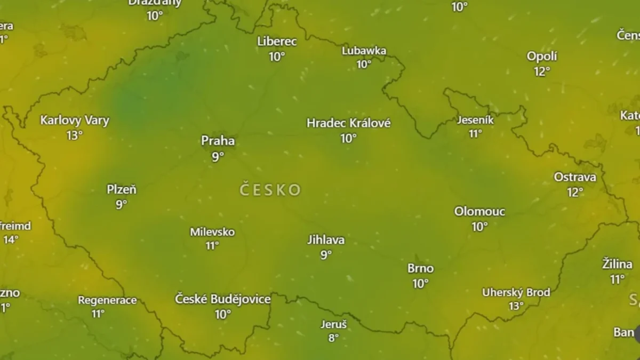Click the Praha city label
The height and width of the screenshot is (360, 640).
tap(218, 141)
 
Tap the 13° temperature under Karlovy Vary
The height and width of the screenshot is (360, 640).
tap(75, 135)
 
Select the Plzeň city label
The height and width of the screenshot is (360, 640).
tap(122, 189)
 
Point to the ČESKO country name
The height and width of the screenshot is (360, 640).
tap(270, 190)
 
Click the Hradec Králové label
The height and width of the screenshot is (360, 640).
tap(348, 123)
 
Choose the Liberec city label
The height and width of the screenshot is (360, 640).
tap(277, 41)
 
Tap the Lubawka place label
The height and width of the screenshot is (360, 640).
tap(364, 51)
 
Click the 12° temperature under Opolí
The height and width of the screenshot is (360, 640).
tap(542, 71)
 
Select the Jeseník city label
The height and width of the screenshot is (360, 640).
tap(475, 120)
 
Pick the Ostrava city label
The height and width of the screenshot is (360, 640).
tap(575, 177)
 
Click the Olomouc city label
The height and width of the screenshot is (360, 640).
tap(479, 212)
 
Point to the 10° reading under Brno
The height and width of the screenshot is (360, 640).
tap(420, 284)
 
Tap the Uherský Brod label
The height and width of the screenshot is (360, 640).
tap(516, 292)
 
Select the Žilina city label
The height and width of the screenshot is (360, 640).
tap(617, 263)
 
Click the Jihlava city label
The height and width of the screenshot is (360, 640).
tap(326, 240)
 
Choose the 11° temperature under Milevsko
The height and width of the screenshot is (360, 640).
tap(212, 246)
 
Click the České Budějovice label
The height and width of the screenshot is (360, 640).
tap(223, 299)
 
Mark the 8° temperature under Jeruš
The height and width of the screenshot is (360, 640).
tap(333, 338)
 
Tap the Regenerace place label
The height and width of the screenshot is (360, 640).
tap(107, 300)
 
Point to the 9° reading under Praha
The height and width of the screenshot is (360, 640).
tap(218, 157)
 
